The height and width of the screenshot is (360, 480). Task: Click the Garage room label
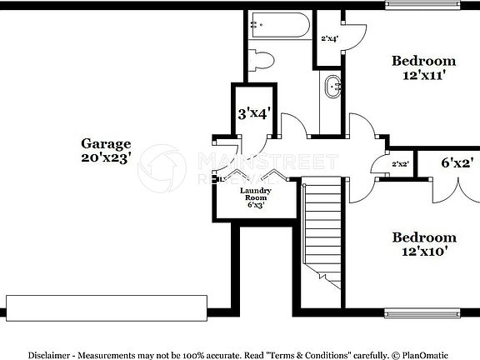[x=106, y=142]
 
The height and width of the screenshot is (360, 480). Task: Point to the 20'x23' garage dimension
[x=106, y=158]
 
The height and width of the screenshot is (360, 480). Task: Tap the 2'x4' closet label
[x=329, y=38]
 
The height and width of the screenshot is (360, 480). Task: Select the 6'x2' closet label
[x=457, y=163]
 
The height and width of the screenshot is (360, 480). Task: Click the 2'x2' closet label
[x=401, y=164]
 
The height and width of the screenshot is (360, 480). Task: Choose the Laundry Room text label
[x=256, y=195]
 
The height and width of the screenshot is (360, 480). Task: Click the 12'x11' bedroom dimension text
[x=423, y=74]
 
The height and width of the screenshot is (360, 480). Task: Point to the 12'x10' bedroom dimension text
[x=423, y=251]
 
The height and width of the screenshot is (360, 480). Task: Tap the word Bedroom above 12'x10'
[x=424, y=237]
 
